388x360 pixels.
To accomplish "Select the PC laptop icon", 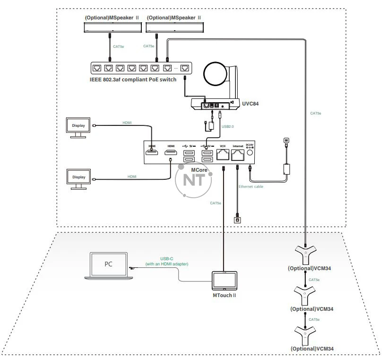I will [x=109, y=264].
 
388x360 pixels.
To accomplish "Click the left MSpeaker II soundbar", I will [x=112, y=26].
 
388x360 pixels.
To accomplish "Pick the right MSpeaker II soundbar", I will [x=173, y=26].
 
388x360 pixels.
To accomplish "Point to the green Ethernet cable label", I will [x=251, y=187].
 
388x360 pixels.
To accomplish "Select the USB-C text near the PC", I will [x=167, y=258].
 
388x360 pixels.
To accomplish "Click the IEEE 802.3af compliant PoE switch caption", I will [x=133, y=79].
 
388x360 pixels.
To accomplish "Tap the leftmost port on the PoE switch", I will [x=97, y=68].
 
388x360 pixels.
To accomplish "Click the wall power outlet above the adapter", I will [x=285, y=140].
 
